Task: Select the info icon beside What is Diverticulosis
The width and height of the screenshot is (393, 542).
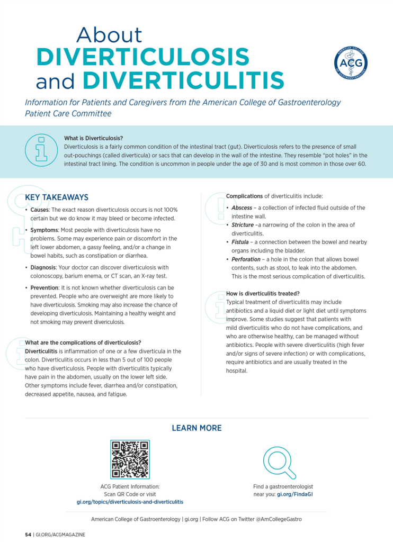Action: [x=41, y=151]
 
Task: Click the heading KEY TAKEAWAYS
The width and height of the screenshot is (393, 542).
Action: [x=57, y=197]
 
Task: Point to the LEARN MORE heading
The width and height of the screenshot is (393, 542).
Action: [x=196, y=428]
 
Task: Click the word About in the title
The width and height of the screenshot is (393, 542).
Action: [x=110, y=35]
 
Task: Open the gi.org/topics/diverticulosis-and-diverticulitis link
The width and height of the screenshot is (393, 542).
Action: [x=130, y=501]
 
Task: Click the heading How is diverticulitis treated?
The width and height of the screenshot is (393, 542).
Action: [x=263, y=293]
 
